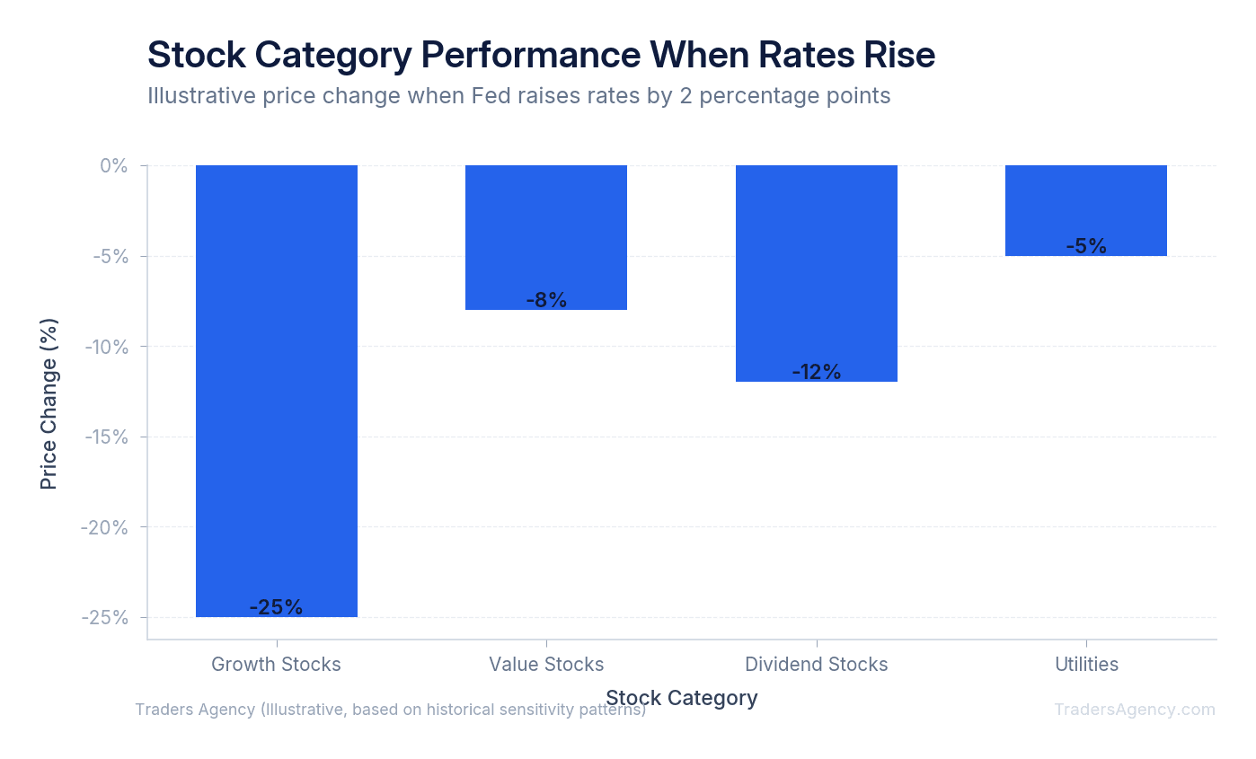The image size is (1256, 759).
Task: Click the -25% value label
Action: point(276,607)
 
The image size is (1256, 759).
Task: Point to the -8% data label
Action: point(546,300)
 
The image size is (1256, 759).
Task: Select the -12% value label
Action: point(816,372)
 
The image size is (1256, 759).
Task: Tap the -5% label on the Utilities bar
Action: point(1085,246)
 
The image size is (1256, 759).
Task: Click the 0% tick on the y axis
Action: point(113,166)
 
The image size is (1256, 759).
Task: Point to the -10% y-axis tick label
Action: point(108,347)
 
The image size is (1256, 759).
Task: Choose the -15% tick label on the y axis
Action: point(108,437)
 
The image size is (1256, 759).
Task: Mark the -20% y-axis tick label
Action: point(107,527)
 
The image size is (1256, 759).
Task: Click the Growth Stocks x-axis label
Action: point(276,665)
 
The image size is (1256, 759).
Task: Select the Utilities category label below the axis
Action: point(1086,665)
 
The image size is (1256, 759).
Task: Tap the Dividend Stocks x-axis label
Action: point(816,665)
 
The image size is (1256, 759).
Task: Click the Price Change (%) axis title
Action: point(49,403)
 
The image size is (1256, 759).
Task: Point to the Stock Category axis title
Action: point(681,698)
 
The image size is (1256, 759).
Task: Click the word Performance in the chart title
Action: point(532,55)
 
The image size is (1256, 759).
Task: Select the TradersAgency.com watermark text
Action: point(1134,710)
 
